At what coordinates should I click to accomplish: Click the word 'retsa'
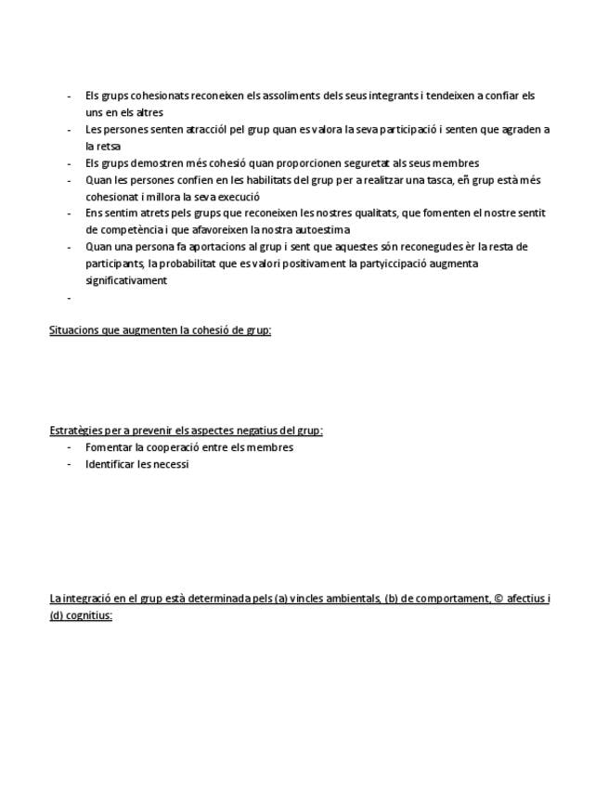[x=110, y=147]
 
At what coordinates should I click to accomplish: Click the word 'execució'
[x=239, y=197]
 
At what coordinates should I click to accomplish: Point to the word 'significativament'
[x=126, y=280]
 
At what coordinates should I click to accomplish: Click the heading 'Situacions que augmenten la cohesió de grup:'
[x=160, y=330]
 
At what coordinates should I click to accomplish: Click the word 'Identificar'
[x=110, y=464]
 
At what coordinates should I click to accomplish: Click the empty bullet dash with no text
[x=69, y=298]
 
